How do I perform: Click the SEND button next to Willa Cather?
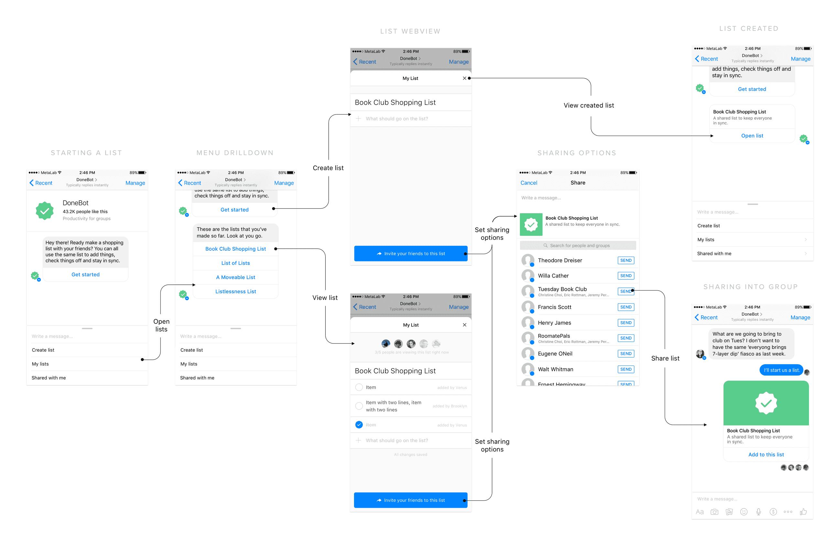(625, 276)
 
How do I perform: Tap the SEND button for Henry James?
(625, 322)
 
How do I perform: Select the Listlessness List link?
(235, 291)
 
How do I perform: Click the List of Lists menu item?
(235, 263)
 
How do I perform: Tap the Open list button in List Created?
(752, 136)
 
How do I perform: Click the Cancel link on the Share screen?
(528, 182)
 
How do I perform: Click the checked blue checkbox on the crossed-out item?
(359, 424)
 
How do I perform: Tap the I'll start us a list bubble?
(781, 370)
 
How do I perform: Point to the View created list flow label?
(588, 105)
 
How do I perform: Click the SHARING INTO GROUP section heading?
(750, 287)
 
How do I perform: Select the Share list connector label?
(665, 358)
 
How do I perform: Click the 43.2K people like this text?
(85, 212)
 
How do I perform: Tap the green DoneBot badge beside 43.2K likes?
(45, 211)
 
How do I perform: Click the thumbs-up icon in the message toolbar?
(803, 511)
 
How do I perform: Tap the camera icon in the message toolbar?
(714, 512)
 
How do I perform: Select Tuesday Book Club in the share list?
(562, 289)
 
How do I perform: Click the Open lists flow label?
(161, 325)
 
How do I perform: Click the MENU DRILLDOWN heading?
(235, 153)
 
